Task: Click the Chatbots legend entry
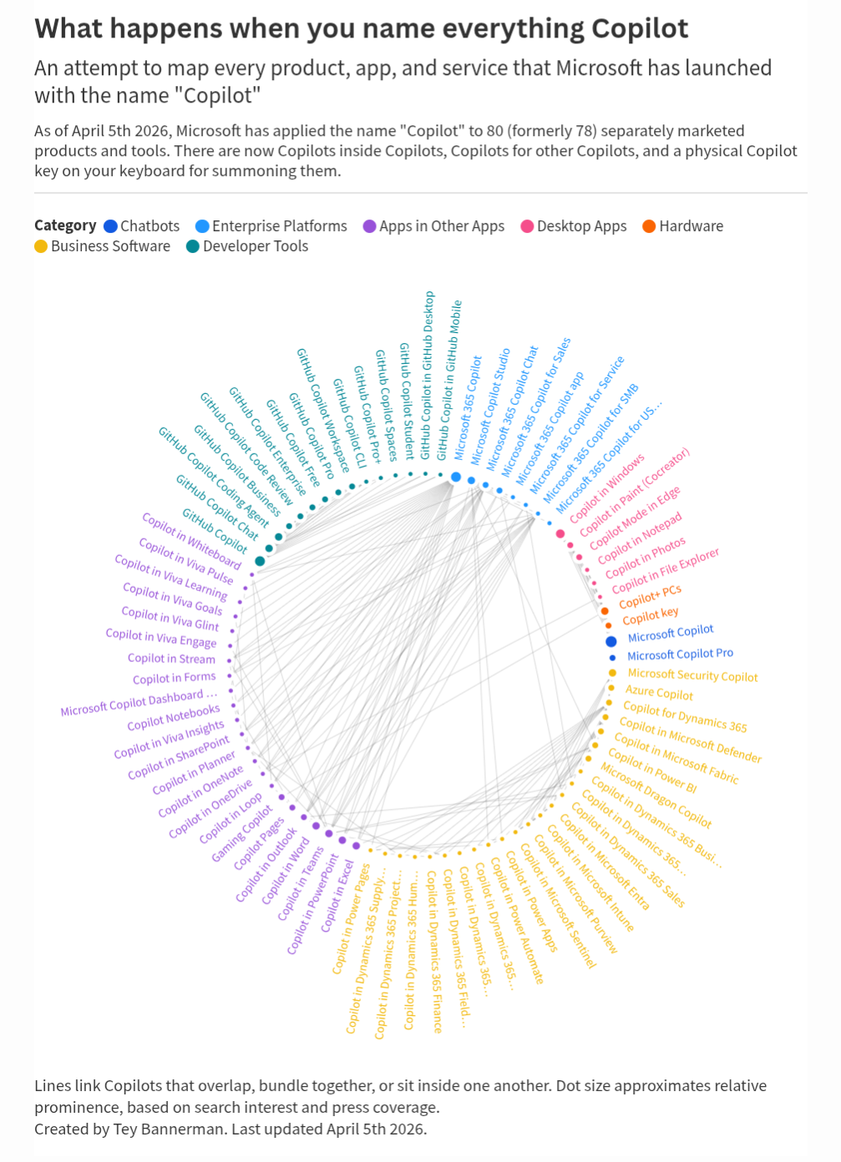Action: (141, 226)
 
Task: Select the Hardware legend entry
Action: (682, 226)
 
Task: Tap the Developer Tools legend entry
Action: (246, 246)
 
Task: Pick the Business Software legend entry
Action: (102, 246)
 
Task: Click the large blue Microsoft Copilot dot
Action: (610, 641)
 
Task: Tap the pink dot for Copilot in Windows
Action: (560, 533)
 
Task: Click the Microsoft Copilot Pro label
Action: (680, 654)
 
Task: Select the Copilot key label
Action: (650, 616)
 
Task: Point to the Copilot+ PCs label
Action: (650, 596)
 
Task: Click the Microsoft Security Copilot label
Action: (692, 675)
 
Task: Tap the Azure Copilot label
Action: (659, 693)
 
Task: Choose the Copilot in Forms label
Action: (174, 678)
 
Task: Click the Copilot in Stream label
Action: (171, 659)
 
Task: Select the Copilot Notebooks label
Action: (174, 718)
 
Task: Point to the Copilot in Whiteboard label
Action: (191, 542)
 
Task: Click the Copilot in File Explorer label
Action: (665, 570)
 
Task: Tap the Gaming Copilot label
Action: (241, 834)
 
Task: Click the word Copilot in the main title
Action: (640, 29)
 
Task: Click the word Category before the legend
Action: (65, 225)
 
